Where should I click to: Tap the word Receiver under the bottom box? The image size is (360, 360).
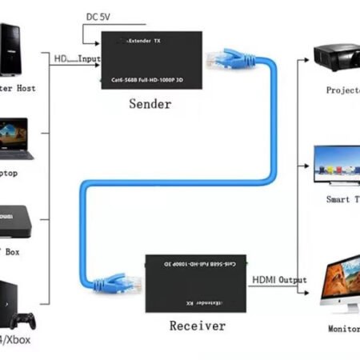click(197, 326)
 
